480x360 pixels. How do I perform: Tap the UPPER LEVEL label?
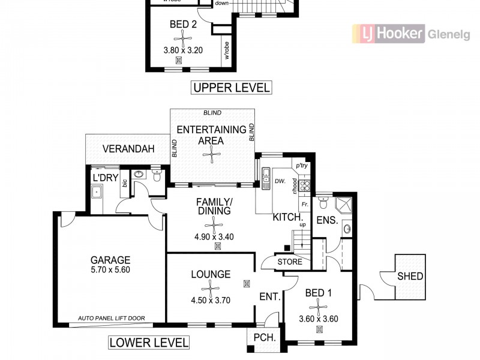click(231, 88)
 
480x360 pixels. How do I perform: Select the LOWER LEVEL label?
click(149, 343)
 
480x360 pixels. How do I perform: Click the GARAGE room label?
click(110, 260)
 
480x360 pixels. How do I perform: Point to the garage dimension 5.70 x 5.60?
click(110, 269)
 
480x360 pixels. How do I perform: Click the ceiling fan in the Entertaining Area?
click(211, 155)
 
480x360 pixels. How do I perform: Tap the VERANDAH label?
click(128, 149)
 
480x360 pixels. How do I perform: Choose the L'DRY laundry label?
click(103, 178)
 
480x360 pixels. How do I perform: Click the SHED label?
click(410, 277)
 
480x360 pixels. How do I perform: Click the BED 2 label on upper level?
click(183, 25)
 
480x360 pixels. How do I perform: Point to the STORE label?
click(290, 262)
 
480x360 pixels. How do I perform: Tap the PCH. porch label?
click(265, 338)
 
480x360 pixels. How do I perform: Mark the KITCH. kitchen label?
click(287, 217)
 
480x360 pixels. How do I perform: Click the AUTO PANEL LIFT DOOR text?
click(120, 319)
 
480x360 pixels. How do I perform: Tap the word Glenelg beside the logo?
click(449, 34)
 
